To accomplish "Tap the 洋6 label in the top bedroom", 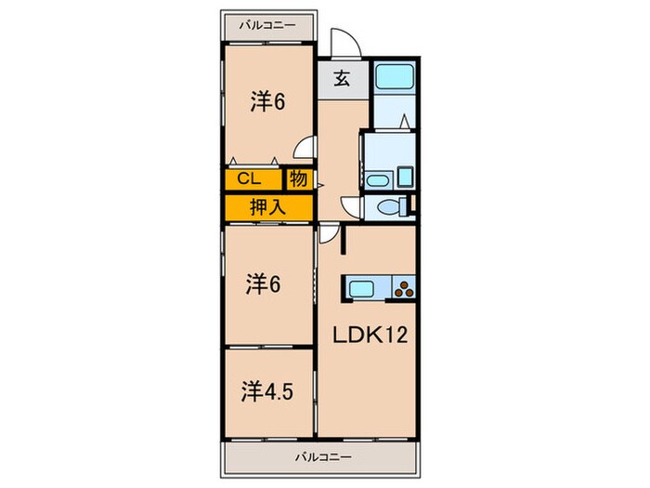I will (266, 101).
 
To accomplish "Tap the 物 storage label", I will (299, 178).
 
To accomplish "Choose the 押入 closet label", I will (267, 208).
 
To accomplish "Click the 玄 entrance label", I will (341, 80).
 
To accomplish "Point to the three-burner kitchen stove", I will (405, 289).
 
